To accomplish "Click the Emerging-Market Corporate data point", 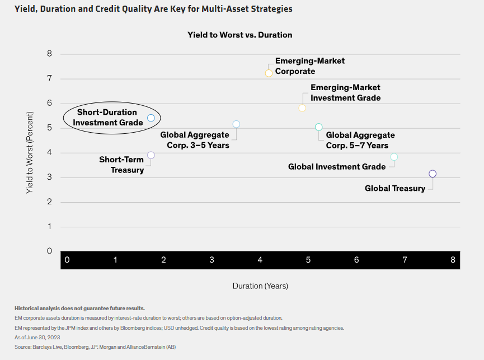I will (269, 73).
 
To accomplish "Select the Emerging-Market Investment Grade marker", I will (302, 107).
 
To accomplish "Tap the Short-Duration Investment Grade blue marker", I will (151, 118).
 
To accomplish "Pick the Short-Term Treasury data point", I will (151, 155).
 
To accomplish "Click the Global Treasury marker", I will (432, 174).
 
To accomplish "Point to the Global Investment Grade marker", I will (394, 157).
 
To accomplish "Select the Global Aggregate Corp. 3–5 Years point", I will (236, 124).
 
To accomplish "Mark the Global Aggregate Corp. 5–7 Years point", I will (319, 127).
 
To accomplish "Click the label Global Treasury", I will (395, 189).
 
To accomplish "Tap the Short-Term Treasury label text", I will (121, 165).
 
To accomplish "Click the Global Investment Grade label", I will (337, 167).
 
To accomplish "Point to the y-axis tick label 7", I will (49, 78).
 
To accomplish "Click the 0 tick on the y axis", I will (49, 251).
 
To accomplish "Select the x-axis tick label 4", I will (260, 260).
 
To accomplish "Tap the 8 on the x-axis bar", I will (453, 260).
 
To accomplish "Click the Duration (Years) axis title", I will (260, 286).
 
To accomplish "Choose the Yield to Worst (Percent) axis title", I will (30, 153).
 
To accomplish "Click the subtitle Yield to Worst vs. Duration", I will (239, 35).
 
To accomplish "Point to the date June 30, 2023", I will (41, 338).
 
